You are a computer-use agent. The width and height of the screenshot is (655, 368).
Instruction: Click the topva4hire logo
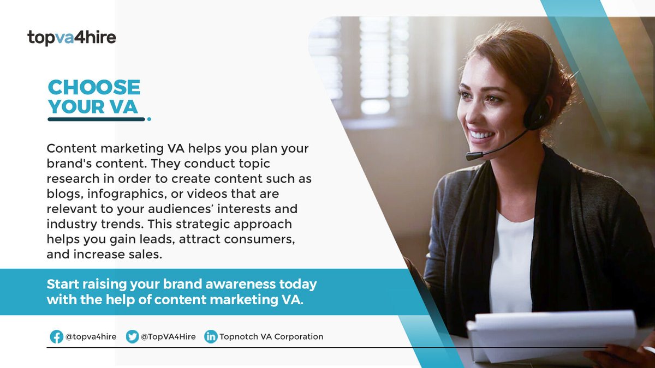tap(72, 38)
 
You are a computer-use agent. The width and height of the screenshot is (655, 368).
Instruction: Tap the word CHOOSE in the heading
tap(94, 87)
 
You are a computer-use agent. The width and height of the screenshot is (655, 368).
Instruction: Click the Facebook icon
tap(56, 336)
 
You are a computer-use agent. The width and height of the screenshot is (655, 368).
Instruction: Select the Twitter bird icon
tap(132, 336)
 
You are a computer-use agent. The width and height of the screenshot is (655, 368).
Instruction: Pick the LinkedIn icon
tap(211, 336)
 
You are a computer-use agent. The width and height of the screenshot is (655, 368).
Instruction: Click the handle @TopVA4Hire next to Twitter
tap(168, 336)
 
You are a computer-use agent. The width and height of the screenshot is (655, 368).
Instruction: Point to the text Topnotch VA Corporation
tap(271, 336)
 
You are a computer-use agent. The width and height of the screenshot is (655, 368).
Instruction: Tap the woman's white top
tap(510, 262)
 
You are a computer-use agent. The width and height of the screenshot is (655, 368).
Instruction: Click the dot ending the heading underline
tap(149, 118)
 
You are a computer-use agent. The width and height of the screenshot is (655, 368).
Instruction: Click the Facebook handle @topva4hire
tap(91, 336)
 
